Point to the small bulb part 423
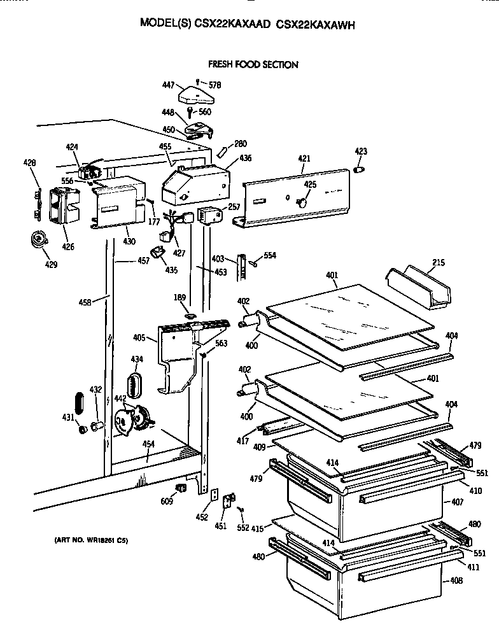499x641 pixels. tap(360, 170)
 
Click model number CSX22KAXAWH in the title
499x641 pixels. tap(315, 25)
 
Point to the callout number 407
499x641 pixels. tap(457, 502)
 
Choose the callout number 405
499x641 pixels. tap(139, 338)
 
